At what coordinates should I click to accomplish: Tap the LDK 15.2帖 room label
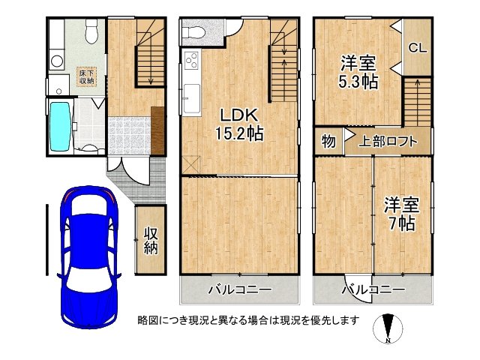(x=239, y=124)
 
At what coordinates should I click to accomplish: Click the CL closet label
(x=417, y=47)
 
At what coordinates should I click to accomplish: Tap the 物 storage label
(x=328, y=141)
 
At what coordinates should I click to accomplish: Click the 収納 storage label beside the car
(x=149, y=241)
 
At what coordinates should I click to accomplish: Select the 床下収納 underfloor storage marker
(x=86, y=76)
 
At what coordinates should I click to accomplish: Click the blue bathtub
(x=59, y=126)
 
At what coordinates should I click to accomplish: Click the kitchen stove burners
(x=190, y=61)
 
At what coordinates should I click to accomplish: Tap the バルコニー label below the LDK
(x=239, y=289)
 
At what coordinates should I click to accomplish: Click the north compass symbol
(x=388, y=328)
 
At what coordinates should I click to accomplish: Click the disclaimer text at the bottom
(x=248, y=320)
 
